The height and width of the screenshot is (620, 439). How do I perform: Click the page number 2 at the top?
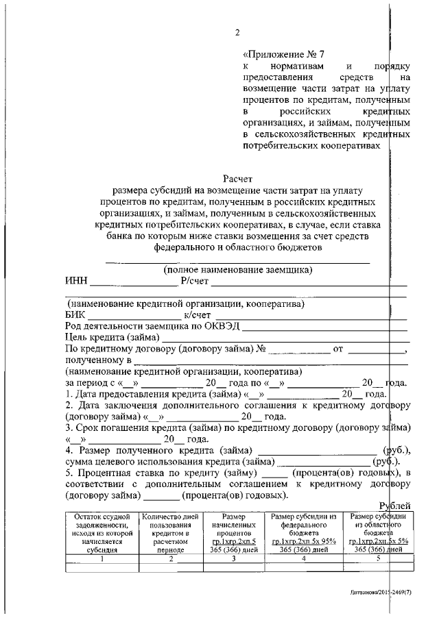(237, 32)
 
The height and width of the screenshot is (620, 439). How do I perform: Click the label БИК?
(76, 314)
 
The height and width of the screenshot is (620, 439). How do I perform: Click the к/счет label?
(197, 314)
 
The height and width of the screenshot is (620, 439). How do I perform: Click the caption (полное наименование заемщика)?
(237, 270)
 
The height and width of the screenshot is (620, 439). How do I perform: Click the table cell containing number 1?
(101, 558)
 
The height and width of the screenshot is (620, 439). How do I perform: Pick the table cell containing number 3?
(233, 558)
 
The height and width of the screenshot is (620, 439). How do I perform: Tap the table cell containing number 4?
(303, 558)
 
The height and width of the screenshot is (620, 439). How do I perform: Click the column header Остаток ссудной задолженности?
(101, 532)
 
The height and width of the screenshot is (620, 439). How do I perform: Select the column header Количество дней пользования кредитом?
(169, 532)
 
